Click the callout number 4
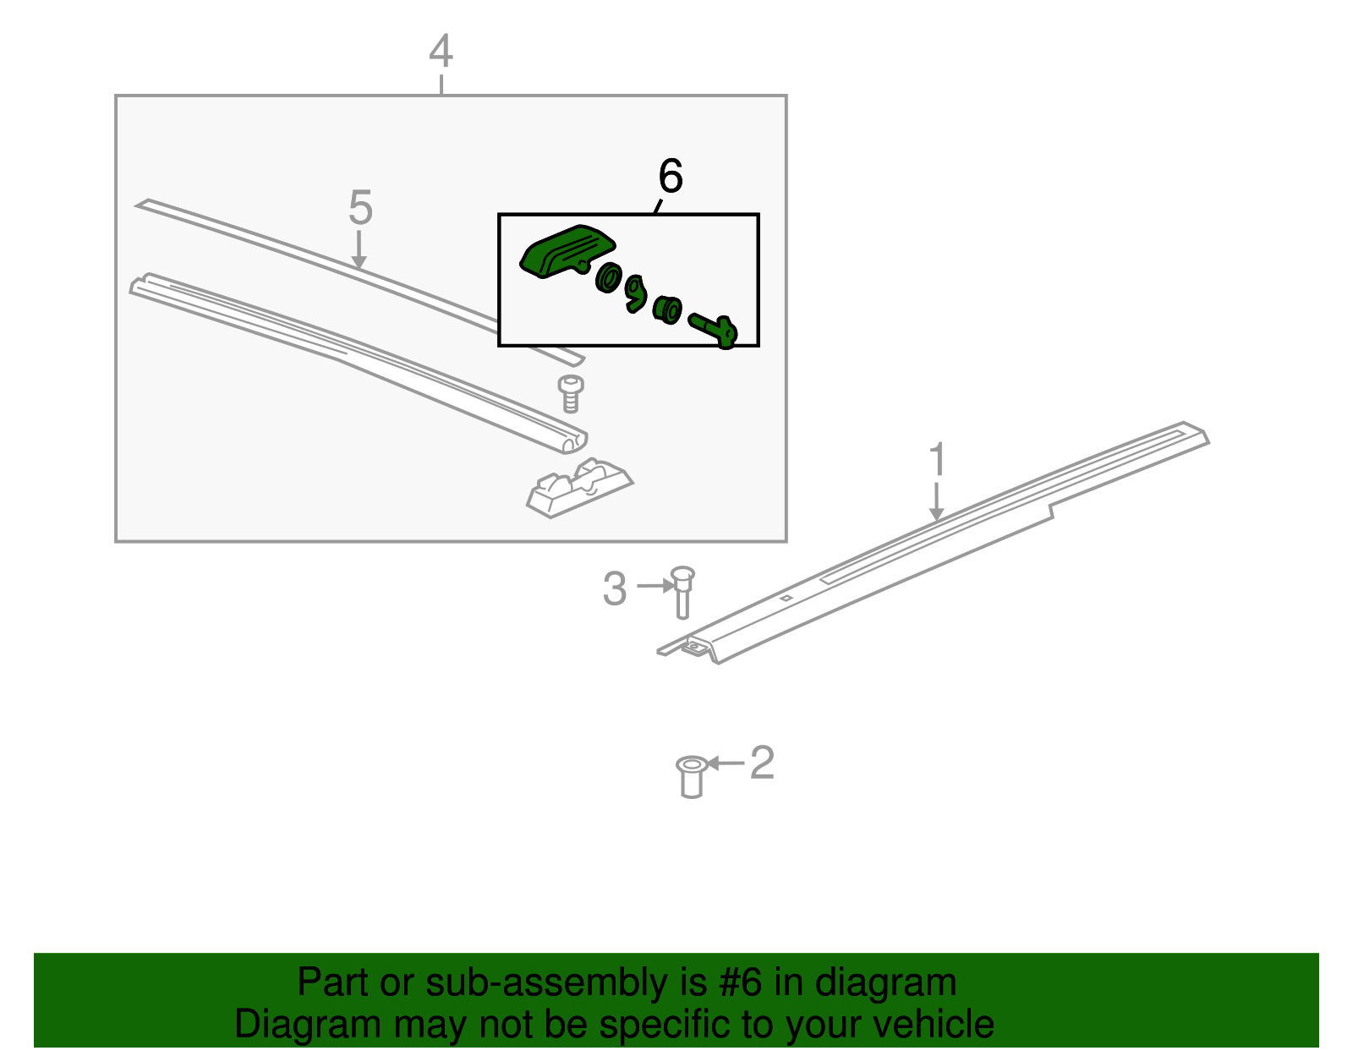point(441,51)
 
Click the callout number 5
point(360,208)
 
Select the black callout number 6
point(671,176)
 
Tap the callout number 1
point(937,460)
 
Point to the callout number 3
point(615,588)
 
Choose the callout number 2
point(762,763)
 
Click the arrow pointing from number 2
point(726,763)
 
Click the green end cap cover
point(567,251)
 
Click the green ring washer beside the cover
point(608,277)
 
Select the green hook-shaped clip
point(635,293)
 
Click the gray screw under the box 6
point(570,394)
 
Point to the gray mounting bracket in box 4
point(580,489)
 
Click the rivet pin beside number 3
point(682,593)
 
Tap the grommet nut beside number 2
point(692,777)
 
